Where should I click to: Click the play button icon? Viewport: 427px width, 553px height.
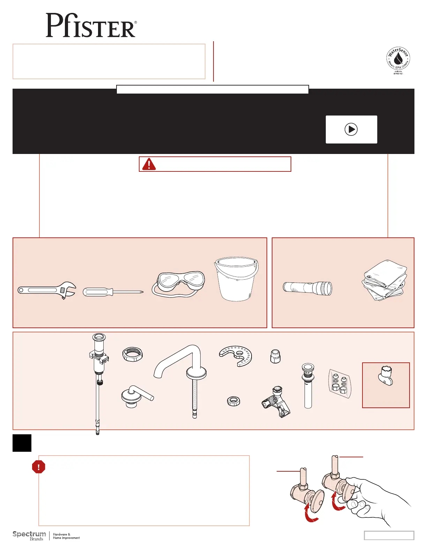point(351,129)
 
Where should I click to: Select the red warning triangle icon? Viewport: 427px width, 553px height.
point(149,164)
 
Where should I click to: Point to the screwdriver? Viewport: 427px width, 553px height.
point(113,292)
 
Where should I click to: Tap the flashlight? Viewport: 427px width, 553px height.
point(307,288)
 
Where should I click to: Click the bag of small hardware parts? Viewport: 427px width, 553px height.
point(340,383)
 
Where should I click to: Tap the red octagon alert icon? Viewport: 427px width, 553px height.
point(39,467)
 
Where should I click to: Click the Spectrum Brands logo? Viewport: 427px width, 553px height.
point(29,536)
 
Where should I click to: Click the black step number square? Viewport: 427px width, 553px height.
point(22,443)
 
